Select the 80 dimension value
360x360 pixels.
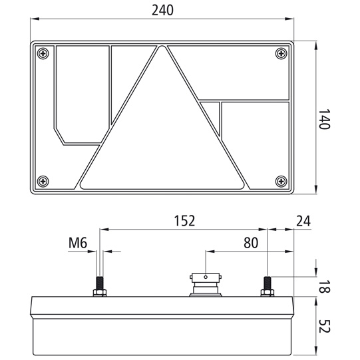coord(250,244)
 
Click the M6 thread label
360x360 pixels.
coord(78,244)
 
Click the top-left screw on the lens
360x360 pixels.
coord(44,53)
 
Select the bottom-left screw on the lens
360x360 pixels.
coord(44,180)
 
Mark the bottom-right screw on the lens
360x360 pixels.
coord(280,180)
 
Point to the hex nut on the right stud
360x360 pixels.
coord(267,292)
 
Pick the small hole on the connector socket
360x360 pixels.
coord(206,278)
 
